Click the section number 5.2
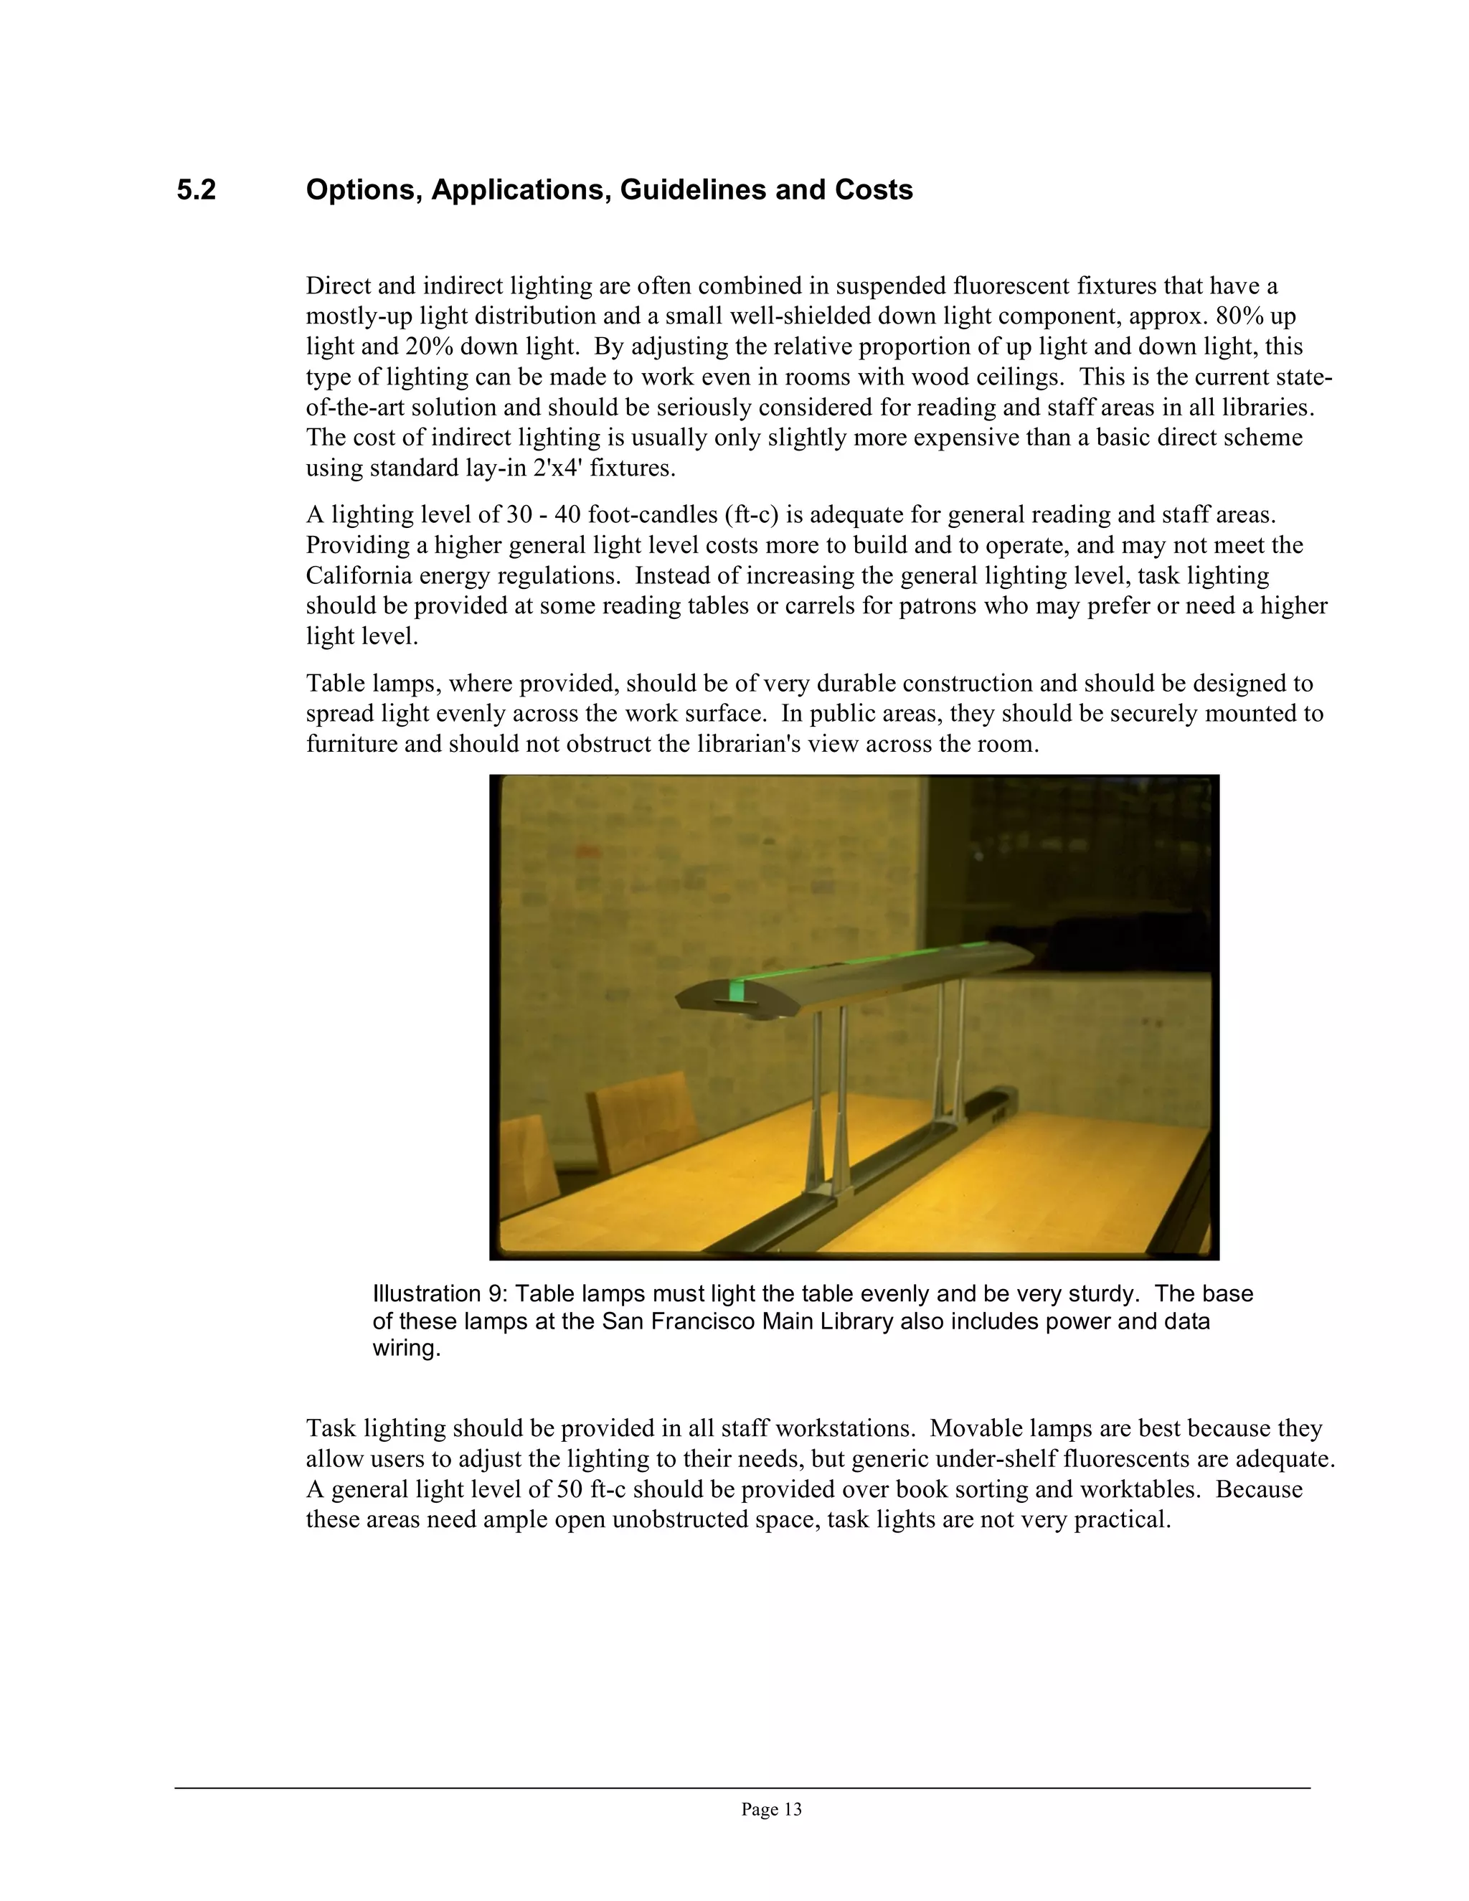(196, 190)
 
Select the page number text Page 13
(771, 1810)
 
